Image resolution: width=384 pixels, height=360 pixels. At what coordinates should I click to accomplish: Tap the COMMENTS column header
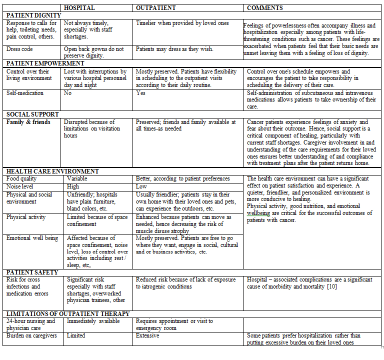[x=265, y=8]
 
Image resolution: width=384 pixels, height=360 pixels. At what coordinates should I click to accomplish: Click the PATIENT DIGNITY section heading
[x=34, y=15]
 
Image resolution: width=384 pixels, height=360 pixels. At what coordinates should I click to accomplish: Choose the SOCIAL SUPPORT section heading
[x=33, y=114]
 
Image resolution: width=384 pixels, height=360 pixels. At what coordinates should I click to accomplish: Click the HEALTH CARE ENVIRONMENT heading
[x=52, y=171]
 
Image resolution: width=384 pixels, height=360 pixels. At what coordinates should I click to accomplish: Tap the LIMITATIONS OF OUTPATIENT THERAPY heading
[x=68, y=314]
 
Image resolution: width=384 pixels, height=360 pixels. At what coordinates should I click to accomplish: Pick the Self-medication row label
[x=25, y=93]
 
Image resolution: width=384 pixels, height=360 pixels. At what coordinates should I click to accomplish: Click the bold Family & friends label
[x=28, y=122]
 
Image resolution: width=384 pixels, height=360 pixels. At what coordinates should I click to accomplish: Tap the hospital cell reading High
[x=73, y=186]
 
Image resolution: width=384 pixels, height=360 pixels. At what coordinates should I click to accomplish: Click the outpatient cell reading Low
[x=141, y=186]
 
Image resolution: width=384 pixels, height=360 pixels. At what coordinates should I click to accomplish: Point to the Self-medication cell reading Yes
[x=141, y=93]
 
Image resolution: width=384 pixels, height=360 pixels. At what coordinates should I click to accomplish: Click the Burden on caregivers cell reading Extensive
[x=148, y=336]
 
